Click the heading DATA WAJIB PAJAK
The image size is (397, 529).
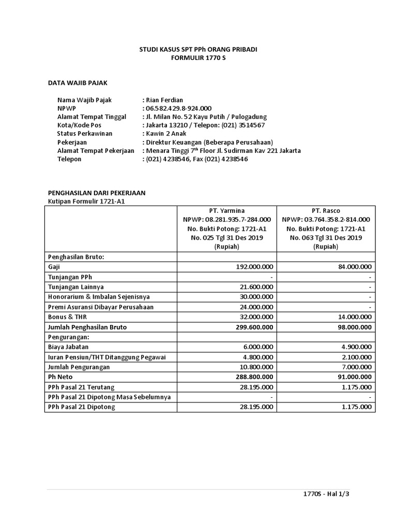click(78, 82)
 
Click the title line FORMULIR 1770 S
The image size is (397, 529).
click(198, 58)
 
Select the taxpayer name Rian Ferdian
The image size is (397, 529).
click(164, 100)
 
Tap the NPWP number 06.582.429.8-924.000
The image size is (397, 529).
click(178, 108)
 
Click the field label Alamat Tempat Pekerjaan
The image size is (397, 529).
click(96, 151)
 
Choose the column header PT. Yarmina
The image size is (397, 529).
click(226, 211)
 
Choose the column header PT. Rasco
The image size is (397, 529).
click(326, 211)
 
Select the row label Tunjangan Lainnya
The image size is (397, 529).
click(76, 287)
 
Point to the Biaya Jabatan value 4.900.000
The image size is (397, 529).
click(356, 347)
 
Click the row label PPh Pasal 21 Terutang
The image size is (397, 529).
click(81, 387)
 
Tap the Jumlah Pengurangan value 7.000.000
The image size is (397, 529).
click(356, 367)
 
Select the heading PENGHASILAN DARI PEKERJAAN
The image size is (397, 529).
click(97, 193)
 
